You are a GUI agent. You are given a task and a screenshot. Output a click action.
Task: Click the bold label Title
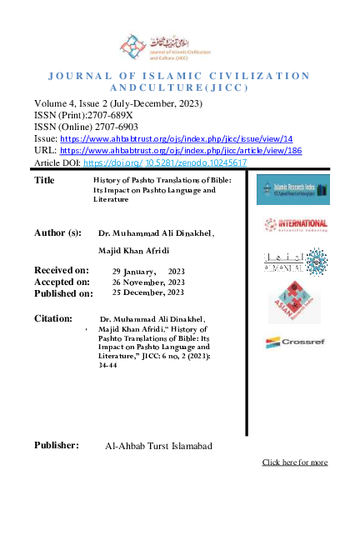click(45, 180)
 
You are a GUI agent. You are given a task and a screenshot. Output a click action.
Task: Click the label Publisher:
click(57, 445)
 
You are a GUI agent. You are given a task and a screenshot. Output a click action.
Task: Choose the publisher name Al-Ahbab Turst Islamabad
click(158, 447)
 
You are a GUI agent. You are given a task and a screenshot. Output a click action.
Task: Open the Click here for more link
click(294, 462)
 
